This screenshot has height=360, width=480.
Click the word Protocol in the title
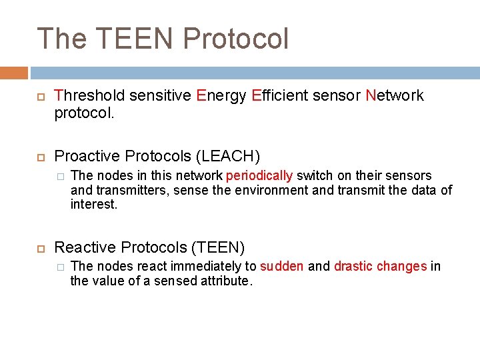point(236,39)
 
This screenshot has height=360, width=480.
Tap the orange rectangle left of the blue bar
point(14,73)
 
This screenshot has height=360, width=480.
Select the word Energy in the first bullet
point(221,96)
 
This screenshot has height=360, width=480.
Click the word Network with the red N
point(395,96)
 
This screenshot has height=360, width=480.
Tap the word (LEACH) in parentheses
point(227,156)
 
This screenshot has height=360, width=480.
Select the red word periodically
point(259,176)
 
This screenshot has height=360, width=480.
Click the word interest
point(93,204)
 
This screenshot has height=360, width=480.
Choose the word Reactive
point(83,248)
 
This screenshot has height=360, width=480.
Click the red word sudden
point(281,267)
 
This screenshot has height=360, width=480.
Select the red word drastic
point(353,267)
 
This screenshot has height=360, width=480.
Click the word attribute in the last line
point(226,281)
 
